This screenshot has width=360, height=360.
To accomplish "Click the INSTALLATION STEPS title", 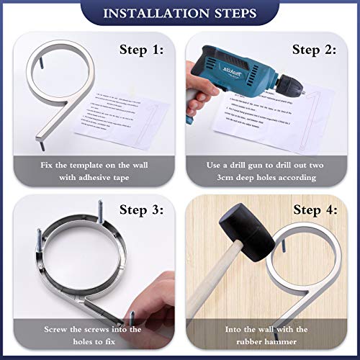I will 180,14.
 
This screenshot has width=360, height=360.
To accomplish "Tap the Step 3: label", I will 140,211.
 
